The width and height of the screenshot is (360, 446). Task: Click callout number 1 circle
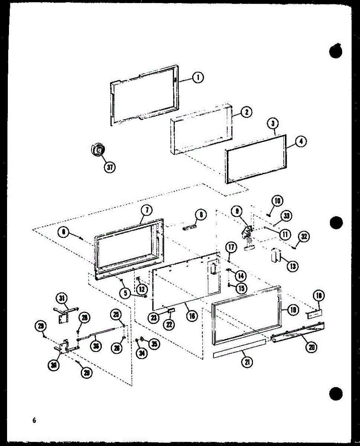click(198, 78)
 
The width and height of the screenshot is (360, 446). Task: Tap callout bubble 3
click(273, 123)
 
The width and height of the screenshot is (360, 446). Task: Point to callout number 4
click(300, 142)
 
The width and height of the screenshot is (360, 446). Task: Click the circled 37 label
click(109, 167)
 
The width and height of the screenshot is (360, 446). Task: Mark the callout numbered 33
click(287, 216)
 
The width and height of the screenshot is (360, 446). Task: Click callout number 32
click(303, 236)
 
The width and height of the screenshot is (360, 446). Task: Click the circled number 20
click(311, 347)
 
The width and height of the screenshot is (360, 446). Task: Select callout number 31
click(61, 298)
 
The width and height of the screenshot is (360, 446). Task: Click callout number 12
click(141, 288)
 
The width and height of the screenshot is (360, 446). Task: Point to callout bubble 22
click(169, 324)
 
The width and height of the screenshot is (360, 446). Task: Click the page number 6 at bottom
click(34, 420)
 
